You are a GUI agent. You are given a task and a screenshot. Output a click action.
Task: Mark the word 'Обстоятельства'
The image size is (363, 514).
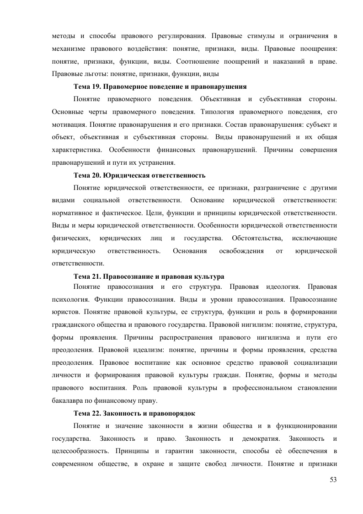[256, 238]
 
